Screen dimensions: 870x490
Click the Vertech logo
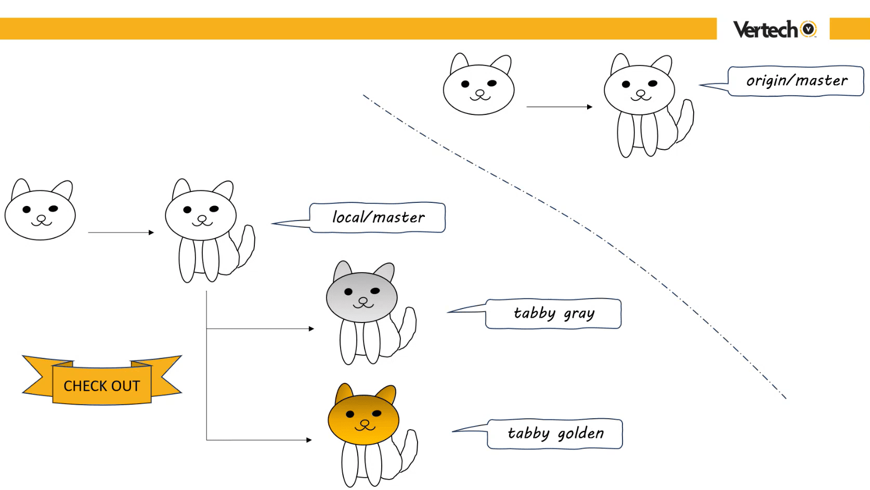(x=774, y=29)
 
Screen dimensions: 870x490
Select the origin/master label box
(x=796, y=81)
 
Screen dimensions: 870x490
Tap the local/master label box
(x=377, y=217)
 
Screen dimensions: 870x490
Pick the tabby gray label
(x=553, y=314)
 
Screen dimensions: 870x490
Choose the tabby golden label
(x=555, y=434)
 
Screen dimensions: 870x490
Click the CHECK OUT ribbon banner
(x=102, y=380)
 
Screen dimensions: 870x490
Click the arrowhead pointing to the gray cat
(x=311, y=329)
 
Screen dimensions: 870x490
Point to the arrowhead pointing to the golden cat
(x=309, y=440)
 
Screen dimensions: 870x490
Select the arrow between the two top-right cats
(x=560, y=107)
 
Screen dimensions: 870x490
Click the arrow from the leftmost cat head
(x=121, y=233)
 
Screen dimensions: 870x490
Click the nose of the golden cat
(x=365, y=422)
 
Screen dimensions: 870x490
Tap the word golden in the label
(x=581, y=434)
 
